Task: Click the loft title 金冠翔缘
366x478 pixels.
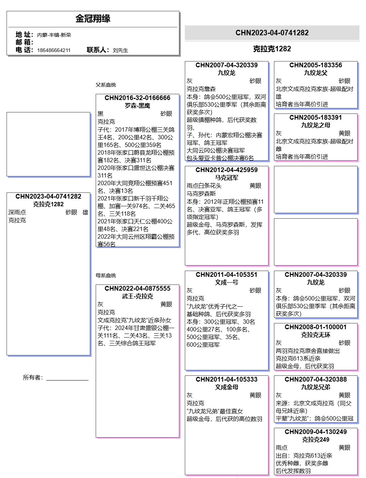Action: click(x=93, y=19)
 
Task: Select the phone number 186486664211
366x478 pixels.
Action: click(x=54, y=50)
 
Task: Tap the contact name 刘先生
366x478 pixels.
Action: click(x=120, y=50)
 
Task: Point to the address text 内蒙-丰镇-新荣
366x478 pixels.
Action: click(x=54, y=35)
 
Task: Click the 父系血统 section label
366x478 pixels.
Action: click(x=106, y=85)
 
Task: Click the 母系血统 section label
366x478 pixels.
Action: click(x=106, y=275)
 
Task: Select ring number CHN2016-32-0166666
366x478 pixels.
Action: click(x=138, y=98)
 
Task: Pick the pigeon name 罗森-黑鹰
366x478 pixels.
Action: click(x=138, y=105)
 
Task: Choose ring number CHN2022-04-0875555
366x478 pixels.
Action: click(x=138, y=288)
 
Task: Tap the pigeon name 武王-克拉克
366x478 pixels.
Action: click(x=138, y=296)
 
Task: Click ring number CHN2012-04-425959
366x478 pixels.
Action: click(x=227, y=170)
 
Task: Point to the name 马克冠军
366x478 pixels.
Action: click(x=227, y=178)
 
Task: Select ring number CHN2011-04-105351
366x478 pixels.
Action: click(x=227, y=275)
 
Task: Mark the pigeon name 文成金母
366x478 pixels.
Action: click(x=227, y=387)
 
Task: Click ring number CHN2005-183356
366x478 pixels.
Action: click(x=316, y=65)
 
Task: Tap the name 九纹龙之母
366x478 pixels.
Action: click(x=316, y=125)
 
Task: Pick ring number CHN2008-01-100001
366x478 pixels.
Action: click(x=316, y=327)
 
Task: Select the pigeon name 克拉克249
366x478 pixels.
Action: click(x=316, y=439)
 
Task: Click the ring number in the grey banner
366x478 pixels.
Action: click(x=272, y=33)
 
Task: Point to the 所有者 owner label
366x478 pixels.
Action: click(x=33, y=378)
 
